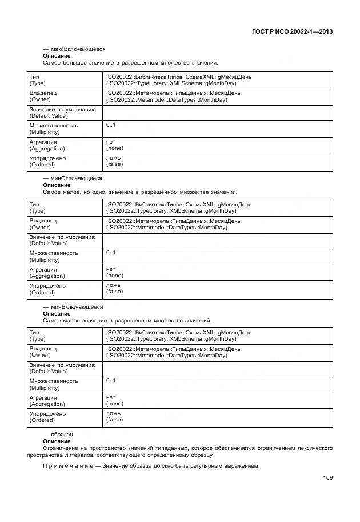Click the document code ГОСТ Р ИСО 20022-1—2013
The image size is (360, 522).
[291, 32]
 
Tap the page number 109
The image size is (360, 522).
[327, 478]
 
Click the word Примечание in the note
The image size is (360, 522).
[66, 466]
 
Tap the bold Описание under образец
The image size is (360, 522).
[57, 441]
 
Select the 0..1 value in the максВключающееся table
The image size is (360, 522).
[111, 125]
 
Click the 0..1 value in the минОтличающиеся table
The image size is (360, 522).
[111, 253]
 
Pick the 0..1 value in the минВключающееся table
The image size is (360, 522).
[111, 381]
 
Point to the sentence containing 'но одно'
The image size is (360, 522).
[140, 192]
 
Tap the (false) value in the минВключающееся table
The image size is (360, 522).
[114, 420]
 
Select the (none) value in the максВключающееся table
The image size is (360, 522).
[114, 148]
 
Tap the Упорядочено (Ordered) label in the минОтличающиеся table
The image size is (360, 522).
[47, 289]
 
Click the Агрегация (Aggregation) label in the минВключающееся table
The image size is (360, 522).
[47, 401]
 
